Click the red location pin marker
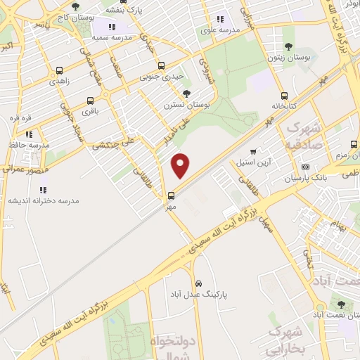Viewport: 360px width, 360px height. pos(181,165)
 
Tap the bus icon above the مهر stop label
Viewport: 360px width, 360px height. pos(171,195)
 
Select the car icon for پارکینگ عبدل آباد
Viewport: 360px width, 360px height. pos(199,283)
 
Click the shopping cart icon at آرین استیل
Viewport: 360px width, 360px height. pos(253,151)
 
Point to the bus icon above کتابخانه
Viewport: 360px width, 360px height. pos(284,96)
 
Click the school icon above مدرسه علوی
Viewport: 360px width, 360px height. pos(220,20)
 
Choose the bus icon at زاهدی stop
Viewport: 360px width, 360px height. pos(59,71)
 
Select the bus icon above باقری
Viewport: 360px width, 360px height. pos(90,101)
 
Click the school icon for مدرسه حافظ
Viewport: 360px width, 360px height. pos(29,134)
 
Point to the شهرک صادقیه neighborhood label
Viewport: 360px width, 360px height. pos(304,136)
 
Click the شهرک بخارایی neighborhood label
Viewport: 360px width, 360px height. pos(286,337)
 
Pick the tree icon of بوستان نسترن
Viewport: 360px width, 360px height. pos(186,94)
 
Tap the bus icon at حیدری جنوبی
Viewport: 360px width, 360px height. pos(161,66)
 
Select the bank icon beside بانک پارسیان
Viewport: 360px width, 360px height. pos(304,167)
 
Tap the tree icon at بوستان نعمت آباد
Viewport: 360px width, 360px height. pos(341,305)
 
